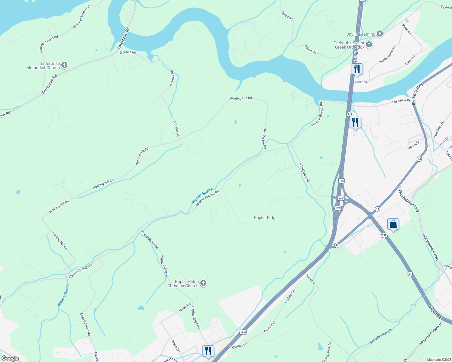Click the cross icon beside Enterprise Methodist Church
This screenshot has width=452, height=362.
click(x=64, y=65)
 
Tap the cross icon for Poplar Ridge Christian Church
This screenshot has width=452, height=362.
click(x=203, y=283)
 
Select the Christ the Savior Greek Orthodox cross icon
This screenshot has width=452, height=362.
click(x=369, y=45)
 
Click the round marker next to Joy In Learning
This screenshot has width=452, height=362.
click(x=380, y=34)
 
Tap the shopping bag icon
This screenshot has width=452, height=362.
click(x=393, y=224)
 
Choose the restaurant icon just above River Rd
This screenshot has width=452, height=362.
click(x=357, y=69)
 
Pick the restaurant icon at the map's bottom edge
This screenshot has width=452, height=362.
click(x=208, y=351)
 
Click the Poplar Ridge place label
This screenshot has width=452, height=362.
click(x=266, y=218)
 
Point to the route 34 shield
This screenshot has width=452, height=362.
click(x=349, y=114)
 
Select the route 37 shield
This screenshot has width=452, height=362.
click(x=410, y=274)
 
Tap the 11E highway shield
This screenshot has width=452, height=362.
click(x=341, y=181)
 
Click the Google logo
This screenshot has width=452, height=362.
click(x=10, y=358)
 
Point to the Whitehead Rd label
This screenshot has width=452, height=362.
click(x=304, y=172)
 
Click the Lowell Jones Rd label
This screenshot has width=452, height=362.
click(x=85, y=324)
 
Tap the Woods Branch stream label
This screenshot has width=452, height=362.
click(x=381, y=336)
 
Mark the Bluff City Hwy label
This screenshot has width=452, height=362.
click(x=418, y=94)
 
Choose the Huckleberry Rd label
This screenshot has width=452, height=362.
click(x=387, y=55)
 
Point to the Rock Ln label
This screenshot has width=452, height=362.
click(x=310, y=279)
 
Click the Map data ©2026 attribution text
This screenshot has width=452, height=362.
click(x=439, y=360)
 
